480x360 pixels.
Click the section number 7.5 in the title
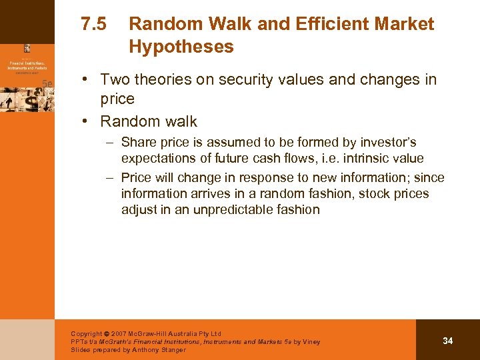tap(93, 25)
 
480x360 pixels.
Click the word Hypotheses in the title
tap(181, 47)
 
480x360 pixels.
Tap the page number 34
tap(447, 341)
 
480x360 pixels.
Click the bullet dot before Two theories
tap(88, 80)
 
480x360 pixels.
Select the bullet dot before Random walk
tap(88, 122)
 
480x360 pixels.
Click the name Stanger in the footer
tap(171, 349)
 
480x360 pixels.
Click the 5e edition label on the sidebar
tap(47, 83)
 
